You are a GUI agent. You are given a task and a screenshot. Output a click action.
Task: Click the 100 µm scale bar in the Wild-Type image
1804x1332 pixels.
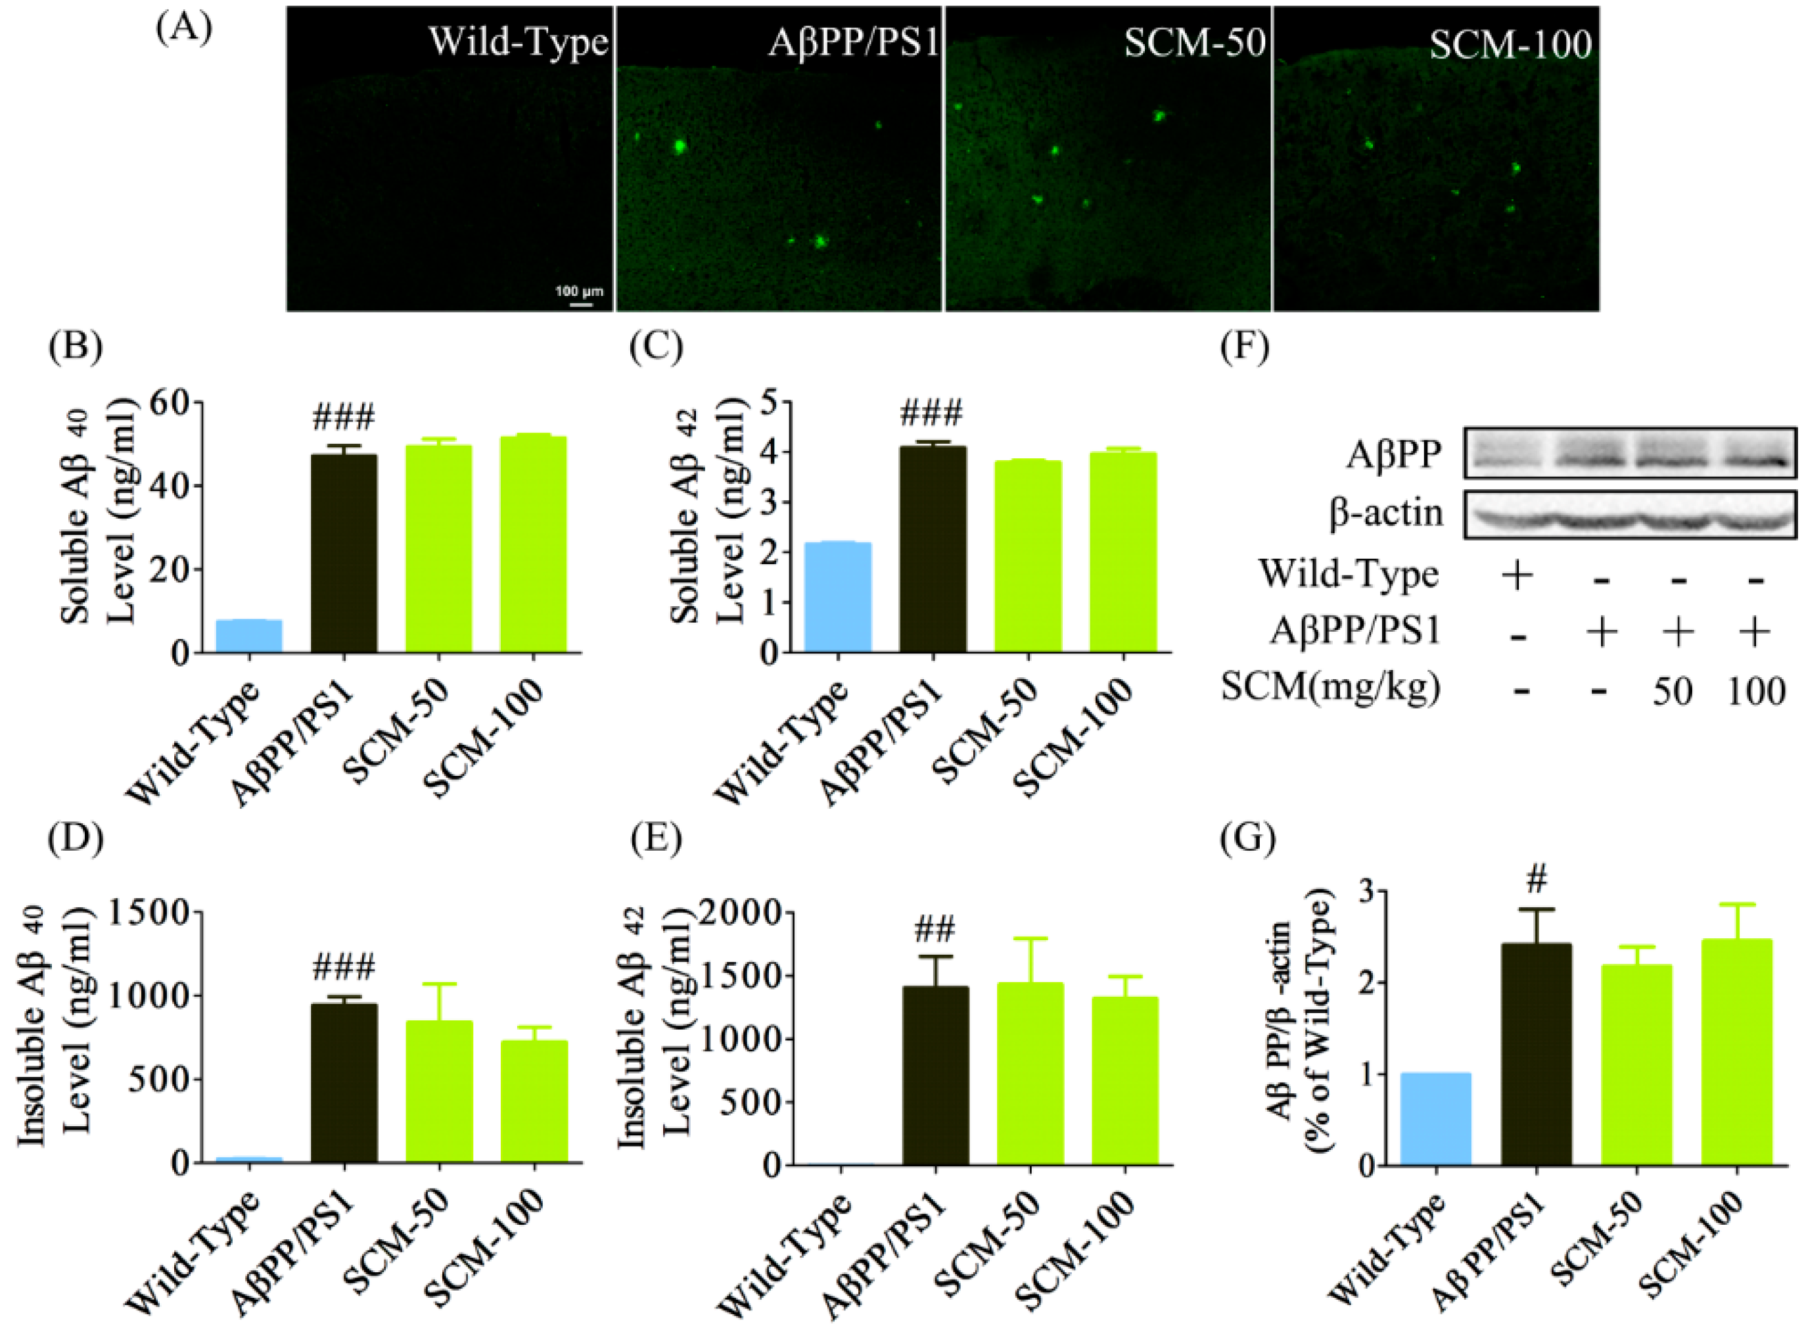(580, 304)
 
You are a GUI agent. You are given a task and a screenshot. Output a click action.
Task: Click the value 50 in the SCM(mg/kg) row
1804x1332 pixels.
(1673, 691)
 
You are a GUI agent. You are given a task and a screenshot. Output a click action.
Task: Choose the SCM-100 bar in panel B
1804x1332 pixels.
(534, 544)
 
